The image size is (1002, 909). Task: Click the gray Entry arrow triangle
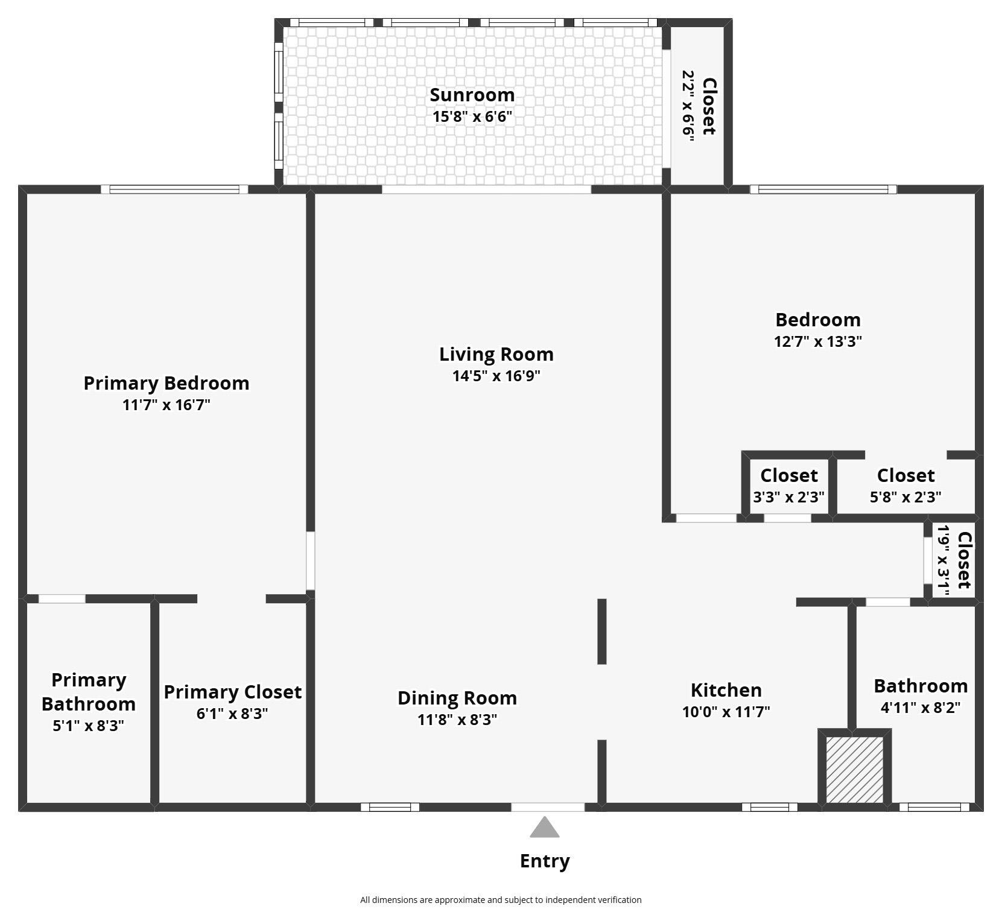(x=544, y=828)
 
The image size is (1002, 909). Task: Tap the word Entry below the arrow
(x=544, y=861)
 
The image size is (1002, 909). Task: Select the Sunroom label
(x=472, y=95)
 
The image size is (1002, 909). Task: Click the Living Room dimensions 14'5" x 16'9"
(x=496, y=376)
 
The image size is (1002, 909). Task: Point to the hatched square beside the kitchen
(x=854, y=770)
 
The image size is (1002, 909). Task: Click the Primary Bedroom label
(x=166, y=383)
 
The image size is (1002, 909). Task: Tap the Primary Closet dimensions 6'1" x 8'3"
(x=232, y=714)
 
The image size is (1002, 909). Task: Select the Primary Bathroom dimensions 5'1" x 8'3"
(x=88, y=726)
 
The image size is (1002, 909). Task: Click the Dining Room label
(x=457, y=698)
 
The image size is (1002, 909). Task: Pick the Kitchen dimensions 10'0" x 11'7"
(x=726, y=712)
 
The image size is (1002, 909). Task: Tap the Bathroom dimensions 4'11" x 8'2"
(x=920, y=708)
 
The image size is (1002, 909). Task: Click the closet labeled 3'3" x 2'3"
(x=788, y=486)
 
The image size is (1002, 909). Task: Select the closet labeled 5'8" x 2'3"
(x=905, y=486)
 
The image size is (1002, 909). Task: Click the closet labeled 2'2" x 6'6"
(x=698, y=106)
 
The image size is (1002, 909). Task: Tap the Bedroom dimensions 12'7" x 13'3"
(x=817, y=341)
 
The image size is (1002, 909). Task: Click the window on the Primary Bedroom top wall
(x=174, y=189)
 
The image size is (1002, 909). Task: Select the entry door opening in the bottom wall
(x=548, y=807)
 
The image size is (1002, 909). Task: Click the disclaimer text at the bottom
(x=501, y=899)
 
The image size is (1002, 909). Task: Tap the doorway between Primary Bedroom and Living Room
(x=310, y=560)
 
